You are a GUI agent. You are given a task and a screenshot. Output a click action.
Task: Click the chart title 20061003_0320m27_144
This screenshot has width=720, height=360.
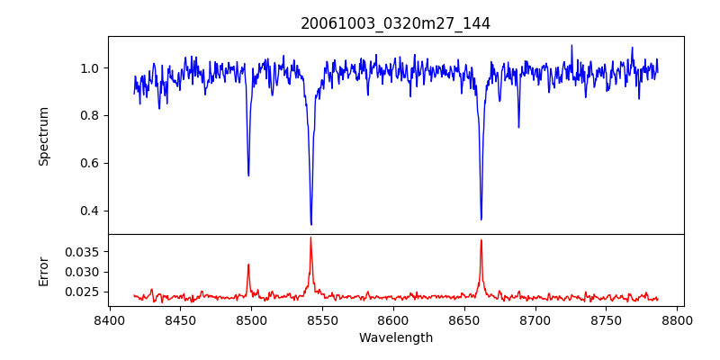(x=395, y=23)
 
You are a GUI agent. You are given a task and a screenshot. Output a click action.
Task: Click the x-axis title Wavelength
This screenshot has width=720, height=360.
(x=395, y=338)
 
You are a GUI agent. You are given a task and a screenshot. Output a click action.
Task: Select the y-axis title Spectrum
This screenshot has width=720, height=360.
(x=44, y=136)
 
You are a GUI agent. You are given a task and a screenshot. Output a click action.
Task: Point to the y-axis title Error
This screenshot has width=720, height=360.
(x=44, y=271)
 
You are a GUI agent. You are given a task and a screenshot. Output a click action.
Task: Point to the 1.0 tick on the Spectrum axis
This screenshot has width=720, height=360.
(x=92, y=68)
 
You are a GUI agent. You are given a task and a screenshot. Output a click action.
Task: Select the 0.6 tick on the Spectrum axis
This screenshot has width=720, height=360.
(x=92, y=164)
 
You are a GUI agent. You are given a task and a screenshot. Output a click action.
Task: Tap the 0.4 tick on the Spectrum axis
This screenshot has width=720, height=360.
(x=92, y=211)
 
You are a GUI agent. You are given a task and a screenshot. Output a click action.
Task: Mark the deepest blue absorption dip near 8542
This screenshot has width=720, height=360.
(x=310, y=224)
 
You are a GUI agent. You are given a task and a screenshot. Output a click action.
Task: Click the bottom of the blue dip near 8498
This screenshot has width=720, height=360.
(x=248, y=175)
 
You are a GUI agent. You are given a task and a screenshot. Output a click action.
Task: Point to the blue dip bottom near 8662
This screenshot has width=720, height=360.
(x=481, y=219)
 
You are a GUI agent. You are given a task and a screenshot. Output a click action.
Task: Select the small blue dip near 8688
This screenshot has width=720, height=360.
(x=518, y=127)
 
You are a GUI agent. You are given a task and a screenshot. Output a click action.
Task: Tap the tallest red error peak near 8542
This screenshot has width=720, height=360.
(x=310, y=238)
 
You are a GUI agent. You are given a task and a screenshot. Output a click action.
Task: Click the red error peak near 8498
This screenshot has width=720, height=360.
(x=248, y=265)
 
